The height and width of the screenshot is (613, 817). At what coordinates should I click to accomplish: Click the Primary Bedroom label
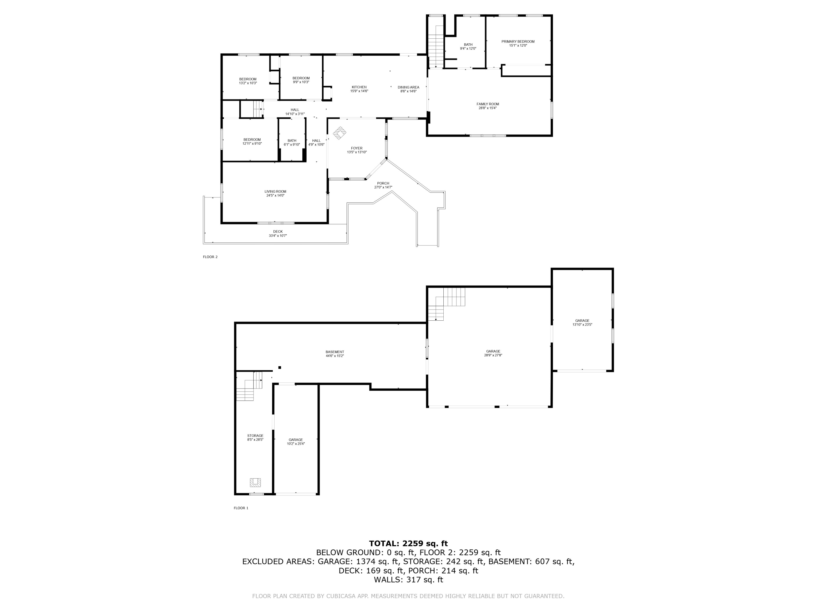(x=518, y=42)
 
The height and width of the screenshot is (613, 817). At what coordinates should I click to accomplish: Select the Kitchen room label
(x=359, y=87)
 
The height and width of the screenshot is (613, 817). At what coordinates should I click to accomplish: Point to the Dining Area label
(x=408, y=87)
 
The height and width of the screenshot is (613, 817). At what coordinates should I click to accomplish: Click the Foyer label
(x=357, y=148)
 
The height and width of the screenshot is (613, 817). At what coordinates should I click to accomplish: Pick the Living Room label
(x=276, y=192)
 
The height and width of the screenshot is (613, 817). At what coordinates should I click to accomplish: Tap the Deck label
(x=278, y=232)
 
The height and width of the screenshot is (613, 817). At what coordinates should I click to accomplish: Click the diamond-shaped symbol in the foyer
(x=339, y=133)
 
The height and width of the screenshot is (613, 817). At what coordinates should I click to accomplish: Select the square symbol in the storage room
(x=255, y=482)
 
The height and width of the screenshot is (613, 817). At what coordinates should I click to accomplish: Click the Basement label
(x=335, y=352)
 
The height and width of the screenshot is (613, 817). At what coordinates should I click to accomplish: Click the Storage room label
(x=255, y=436)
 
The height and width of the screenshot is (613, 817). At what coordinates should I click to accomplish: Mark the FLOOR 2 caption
(x=210, y=257)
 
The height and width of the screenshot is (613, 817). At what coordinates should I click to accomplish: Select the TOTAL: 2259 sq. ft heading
(x=408, y=543)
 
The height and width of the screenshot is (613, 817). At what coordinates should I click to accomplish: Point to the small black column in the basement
(x=280, y=367)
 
